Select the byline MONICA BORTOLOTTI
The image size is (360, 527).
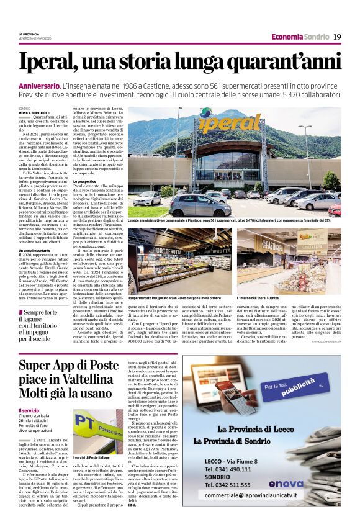[x=34, y=113]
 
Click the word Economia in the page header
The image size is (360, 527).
[x=287, y=37]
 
